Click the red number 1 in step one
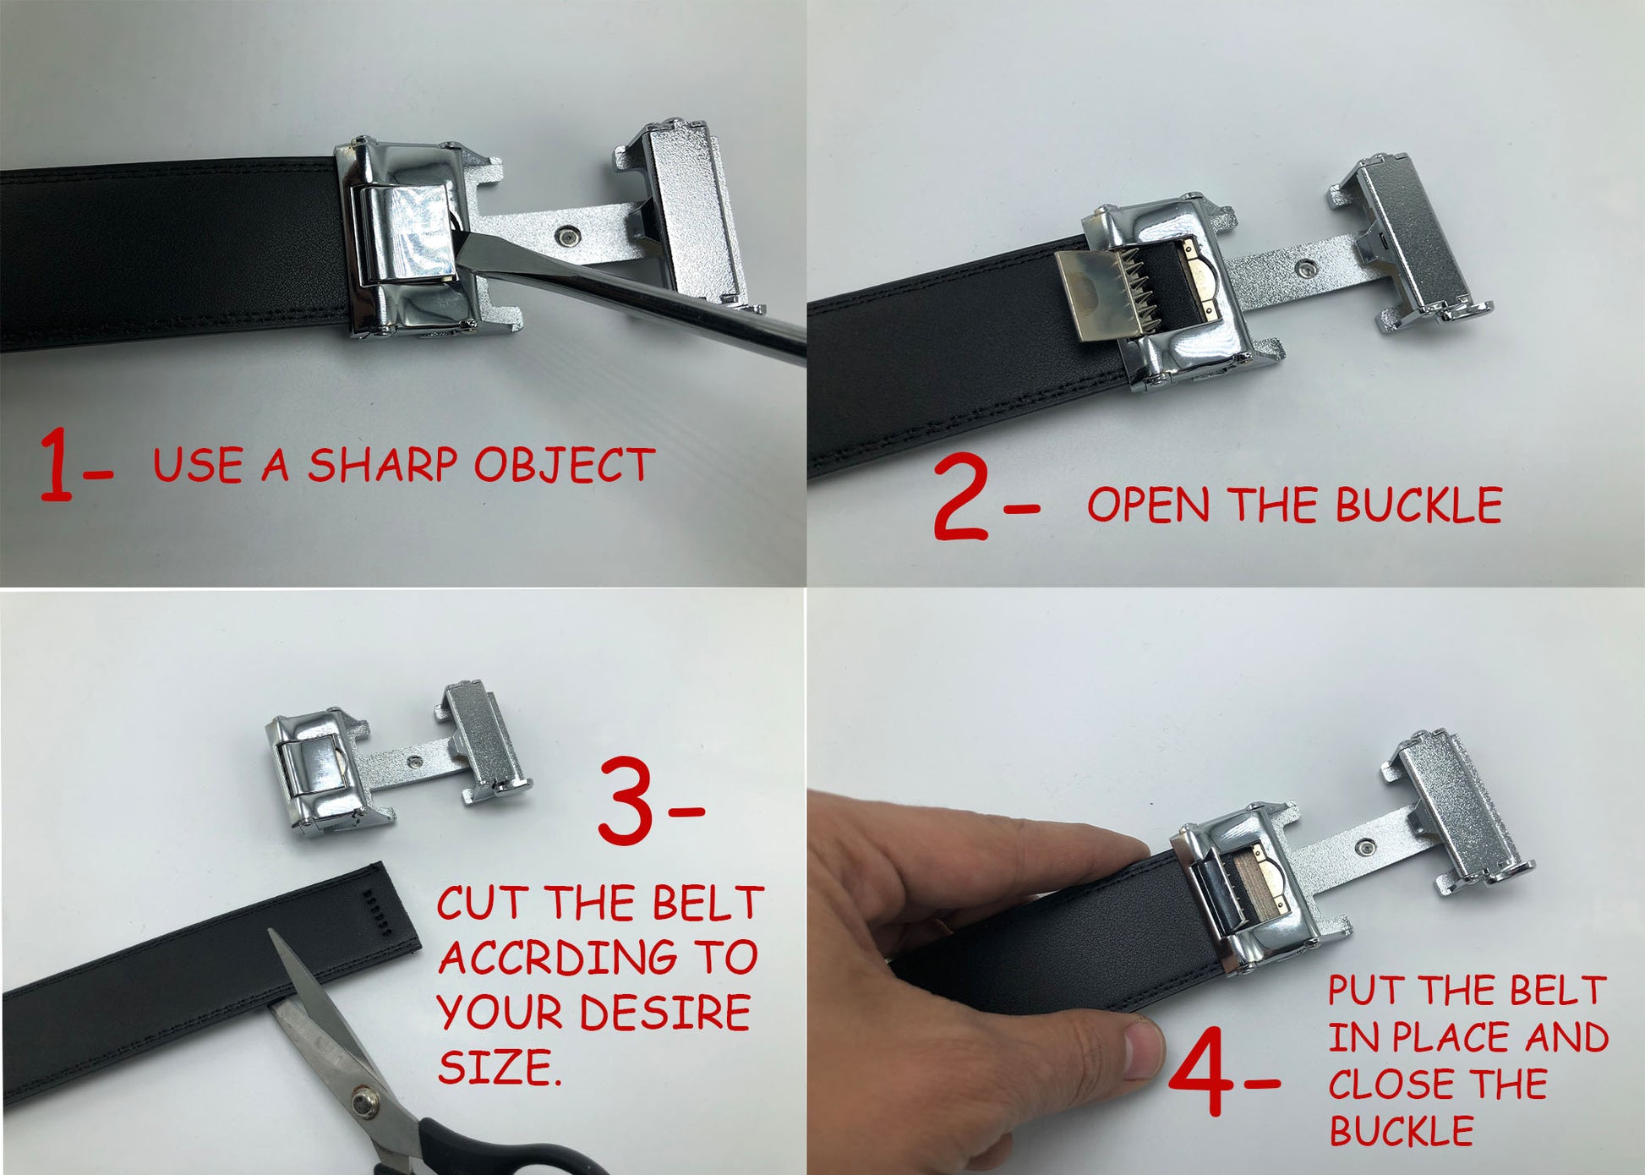[57, 464]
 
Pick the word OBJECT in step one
[565, 465]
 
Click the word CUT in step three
[484, 903]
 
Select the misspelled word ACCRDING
[558, 958]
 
